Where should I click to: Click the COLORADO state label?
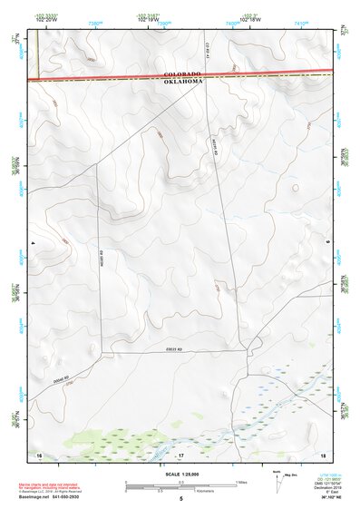point(182,73)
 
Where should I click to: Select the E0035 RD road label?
point(175,349)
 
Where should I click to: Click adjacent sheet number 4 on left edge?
point(33,244)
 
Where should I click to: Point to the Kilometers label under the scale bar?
point(180,493)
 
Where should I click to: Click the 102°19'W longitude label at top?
point(143,20)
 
